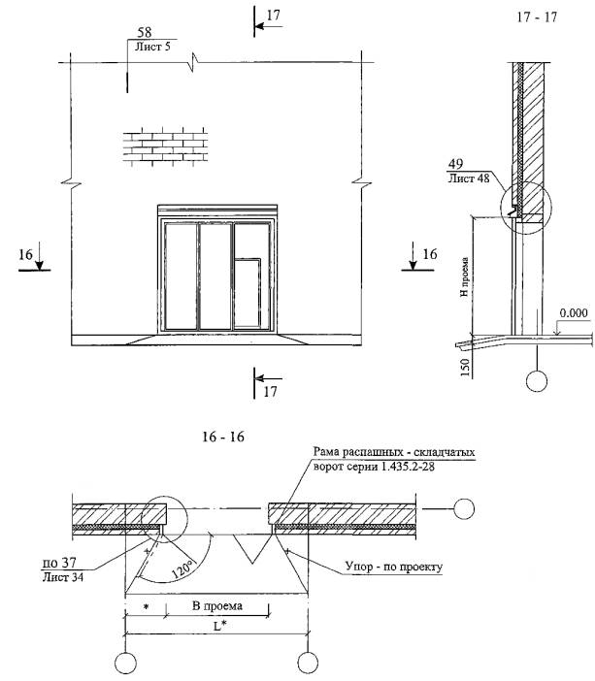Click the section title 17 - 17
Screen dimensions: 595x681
537,16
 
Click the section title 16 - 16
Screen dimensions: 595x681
223,436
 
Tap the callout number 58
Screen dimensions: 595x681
145,32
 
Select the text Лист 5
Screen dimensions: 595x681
152,47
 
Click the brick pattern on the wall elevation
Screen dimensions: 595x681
165,145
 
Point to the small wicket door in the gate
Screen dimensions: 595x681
247,293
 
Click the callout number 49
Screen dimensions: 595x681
455,164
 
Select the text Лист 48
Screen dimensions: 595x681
469,178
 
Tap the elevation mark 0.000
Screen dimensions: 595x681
574,313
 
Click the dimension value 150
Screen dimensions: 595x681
465,368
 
